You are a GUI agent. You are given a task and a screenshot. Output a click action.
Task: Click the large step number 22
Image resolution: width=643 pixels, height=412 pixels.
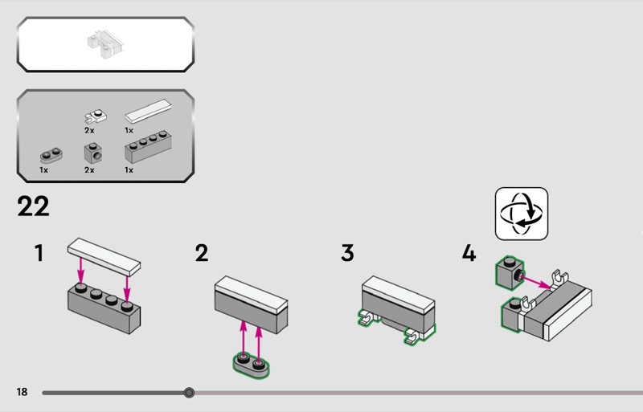tap(33, 206)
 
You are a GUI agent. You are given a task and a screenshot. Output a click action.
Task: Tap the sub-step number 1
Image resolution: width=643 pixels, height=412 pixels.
tap(39, 253)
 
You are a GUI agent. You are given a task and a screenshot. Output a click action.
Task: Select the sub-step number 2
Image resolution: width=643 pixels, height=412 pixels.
tap(202, 253)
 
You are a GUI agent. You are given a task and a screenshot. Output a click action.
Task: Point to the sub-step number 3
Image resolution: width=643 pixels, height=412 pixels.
tap(347, 253)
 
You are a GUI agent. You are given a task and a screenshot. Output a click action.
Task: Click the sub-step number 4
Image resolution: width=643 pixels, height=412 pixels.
tap(469, 253)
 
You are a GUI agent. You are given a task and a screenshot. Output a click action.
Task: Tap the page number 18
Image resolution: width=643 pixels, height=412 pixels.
tap(22, 392)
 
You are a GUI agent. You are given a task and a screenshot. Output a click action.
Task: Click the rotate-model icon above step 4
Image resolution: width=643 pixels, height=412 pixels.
tap(522, 214)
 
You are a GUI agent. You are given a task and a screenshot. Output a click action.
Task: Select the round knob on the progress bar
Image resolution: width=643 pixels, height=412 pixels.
tap(189, 393)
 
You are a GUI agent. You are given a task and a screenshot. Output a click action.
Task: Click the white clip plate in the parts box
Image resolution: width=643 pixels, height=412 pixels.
tap(96, 116)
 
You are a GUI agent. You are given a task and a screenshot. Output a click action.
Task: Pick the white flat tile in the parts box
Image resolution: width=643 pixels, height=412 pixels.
tap(148, 111)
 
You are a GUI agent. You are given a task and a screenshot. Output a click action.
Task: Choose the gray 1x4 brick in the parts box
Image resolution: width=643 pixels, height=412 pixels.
tap(148, 147)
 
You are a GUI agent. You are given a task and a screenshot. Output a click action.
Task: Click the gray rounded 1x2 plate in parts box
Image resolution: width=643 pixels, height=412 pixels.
tap(51, 155)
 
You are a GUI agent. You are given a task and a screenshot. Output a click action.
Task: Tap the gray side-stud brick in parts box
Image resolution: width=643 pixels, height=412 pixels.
tap(93, 153)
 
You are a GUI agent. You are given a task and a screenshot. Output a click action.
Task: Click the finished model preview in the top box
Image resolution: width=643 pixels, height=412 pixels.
tap(105, 44)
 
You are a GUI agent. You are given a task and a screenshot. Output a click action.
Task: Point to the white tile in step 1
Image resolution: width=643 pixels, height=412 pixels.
tap(104, 257)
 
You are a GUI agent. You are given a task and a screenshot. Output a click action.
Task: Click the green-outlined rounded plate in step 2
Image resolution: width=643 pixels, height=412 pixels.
tap(251, 365)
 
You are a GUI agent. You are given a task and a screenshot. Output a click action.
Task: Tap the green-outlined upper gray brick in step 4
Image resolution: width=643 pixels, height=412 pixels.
tap(510, 272)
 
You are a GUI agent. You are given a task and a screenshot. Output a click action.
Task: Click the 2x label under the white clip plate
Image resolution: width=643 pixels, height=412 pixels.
tap(89, 130)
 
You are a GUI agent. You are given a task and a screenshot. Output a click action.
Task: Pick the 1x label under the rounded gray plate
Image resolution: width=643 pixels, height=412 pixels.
tap(44, 169)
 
